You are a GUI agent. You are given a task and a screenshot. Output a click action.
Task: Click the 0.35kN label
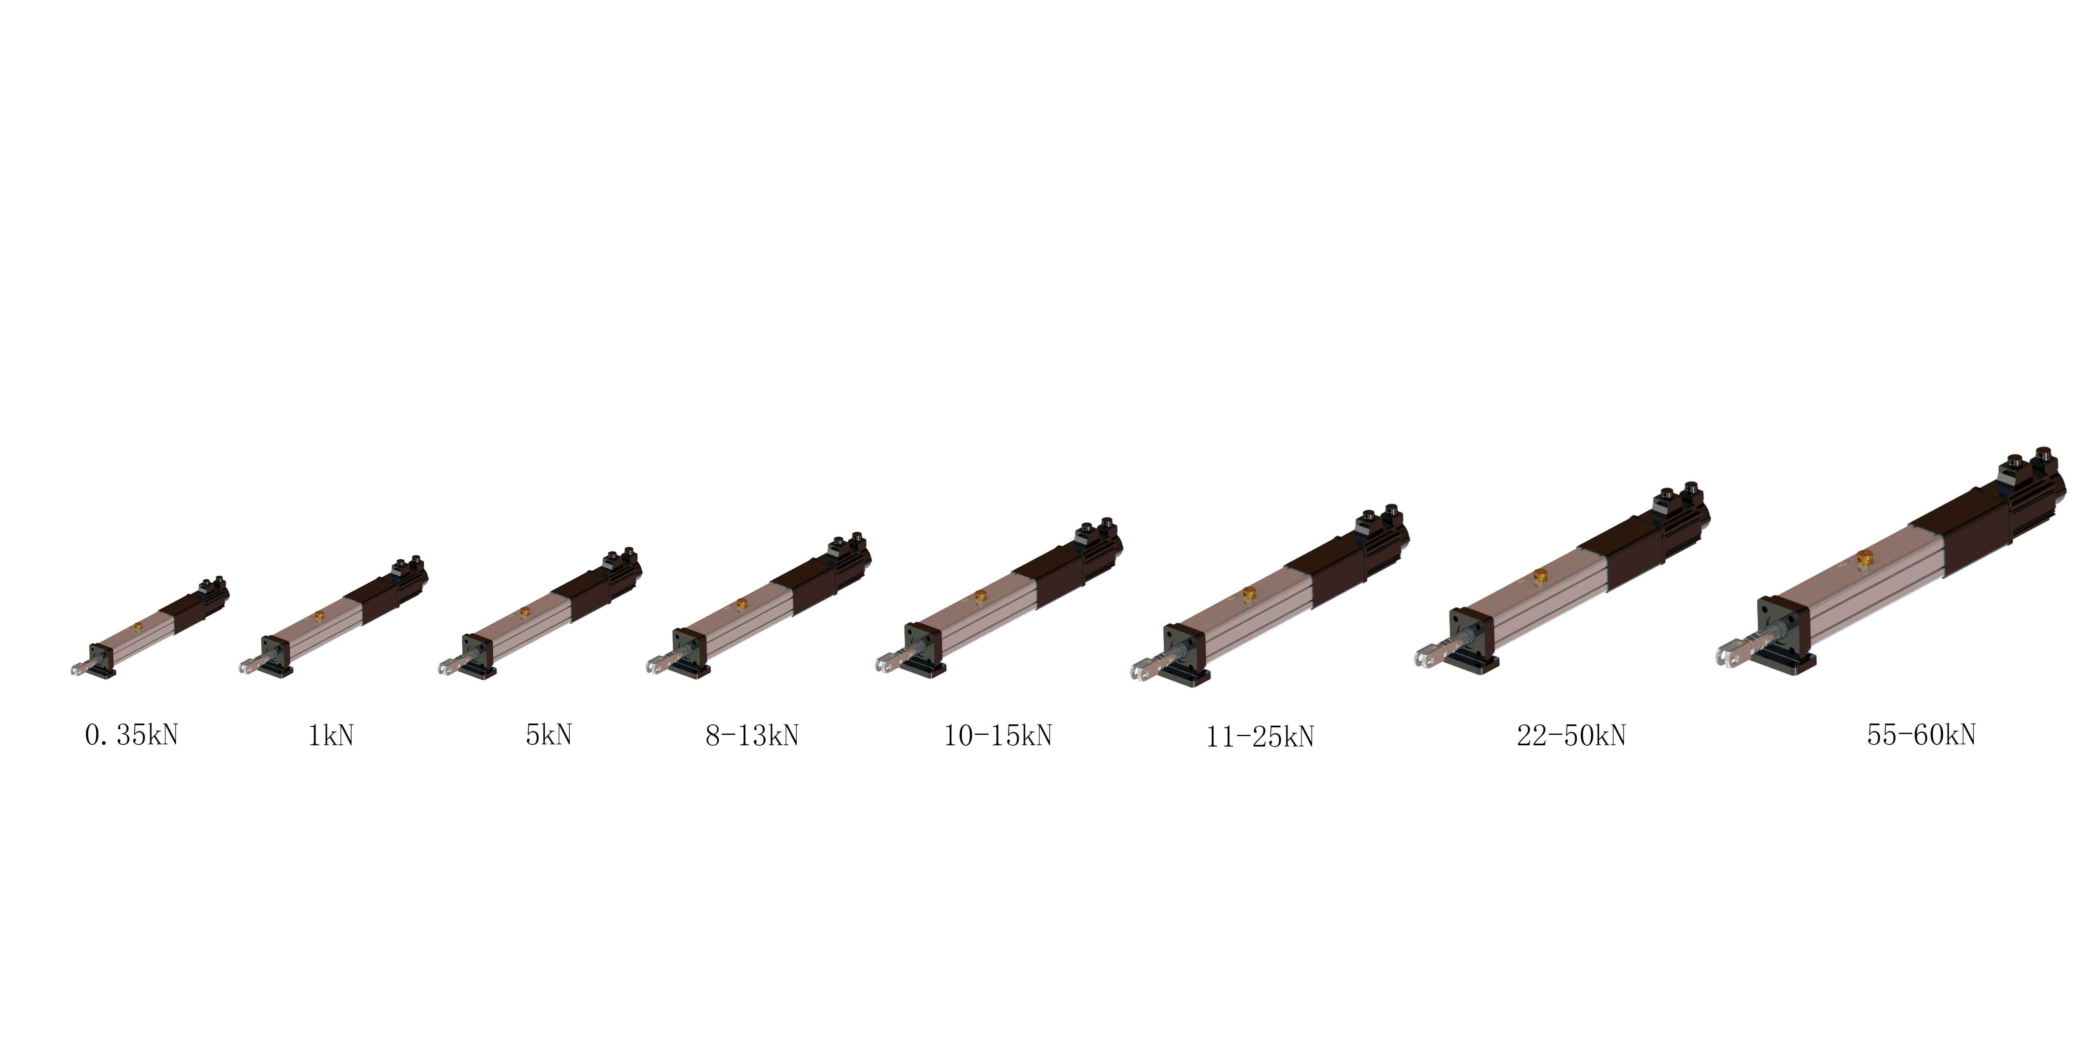coord(131,735)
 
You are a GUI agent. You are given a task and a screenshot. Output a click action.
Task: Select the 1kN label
coord(331,735)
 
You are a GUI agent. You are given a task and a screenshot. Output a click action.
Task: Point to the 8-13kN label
coord(752,735)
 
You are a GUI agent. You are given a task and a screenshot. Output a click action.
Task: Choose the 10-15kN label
coord(998,735)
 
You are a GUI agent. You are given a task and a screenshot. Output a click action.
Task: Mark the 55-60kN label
coord(1921,734)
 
